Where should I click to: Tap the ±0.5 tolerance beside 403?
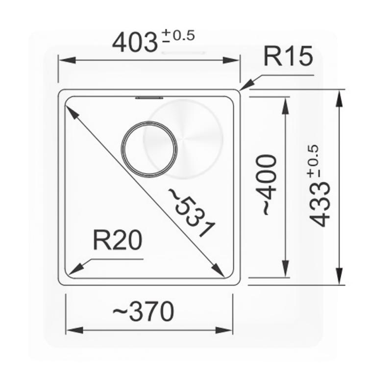coord(178,35)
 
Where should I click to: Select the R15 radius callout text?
coord(288,56)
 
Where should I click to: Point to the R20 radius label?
coord(117,240)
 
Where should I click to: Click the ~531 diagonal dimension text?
coord(191,212)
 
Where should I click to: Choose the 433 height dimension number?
coord(320,204)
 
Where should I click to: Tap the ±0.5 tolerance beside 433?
coord(314,161)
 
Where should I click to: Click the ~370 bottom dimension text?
coord(143,312)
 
